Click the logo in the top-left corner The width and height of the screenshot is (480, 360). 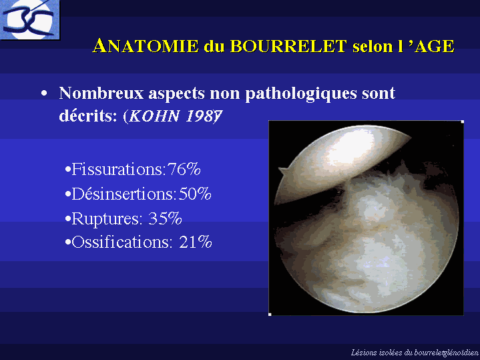(x=29, y=19)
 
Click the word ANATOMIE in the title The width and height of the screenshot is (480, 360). (x=146, y=46)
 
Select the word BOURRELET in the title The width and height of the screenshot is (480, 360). (x=288, y=46)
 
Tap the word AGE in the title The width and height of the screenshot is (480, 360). (x=435, y=46)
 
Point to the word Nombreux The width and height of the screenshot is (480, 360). (x=101, y=93)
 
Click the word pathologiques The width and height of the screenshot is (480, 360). (x=301, y=94)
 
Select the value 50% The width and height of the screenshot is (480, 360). (x=195, y=194)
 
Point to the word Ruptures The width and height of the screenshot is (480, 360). (x=107, y=218)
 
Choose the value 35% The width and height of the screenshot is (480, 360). (x=165, y=218)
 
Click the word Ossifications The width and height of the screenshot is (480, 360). (x=120, y=242)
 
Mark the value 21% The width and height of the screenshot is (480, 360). (x=196, y=242)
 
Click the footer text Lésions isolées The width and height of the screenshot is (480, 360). (x=377, y=353)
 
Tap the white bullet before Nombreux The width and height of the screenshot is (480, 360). (x=44, y=93)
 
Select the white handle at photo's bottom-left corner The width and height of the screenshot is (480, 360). (x=270, y=315)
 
